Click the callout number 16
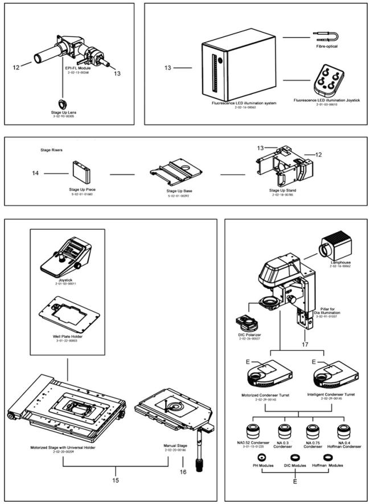pyautogui.click(x=183, y=471)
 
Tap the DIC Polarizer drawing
pyautogui.click(x=250, y=324)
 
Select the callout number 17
pyautogui.click(x=306, y=344)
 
